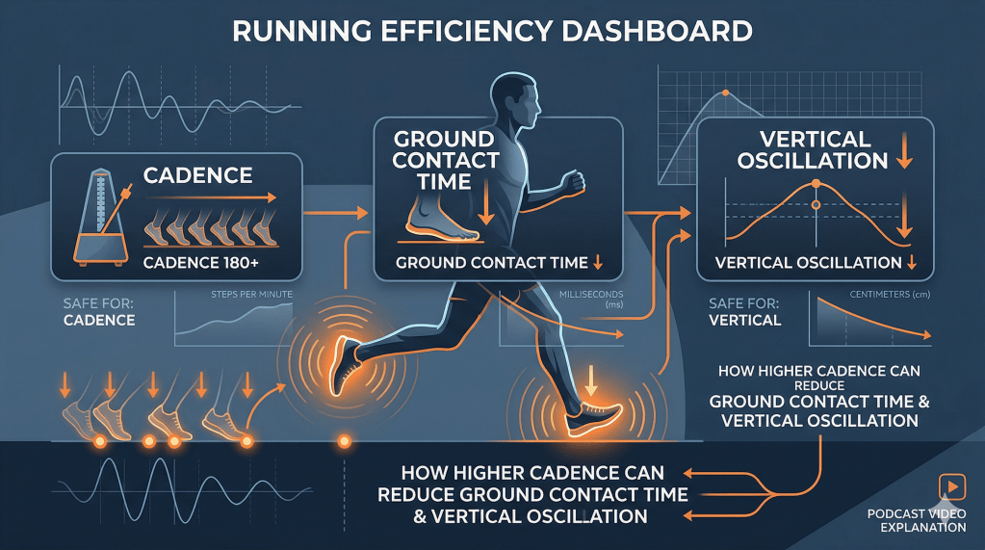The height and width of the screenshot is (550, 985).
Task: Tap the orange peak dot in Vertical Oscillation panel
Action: pyautogui.click(x=815, y=183)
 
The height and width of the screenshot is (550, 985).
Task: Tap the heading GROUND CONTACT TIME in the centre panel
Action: pyautogui.click(x=446, y=159)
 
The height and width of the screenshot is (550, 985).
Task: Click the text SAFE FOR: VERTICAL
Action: pyautogui.click(x=744, y=311)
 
